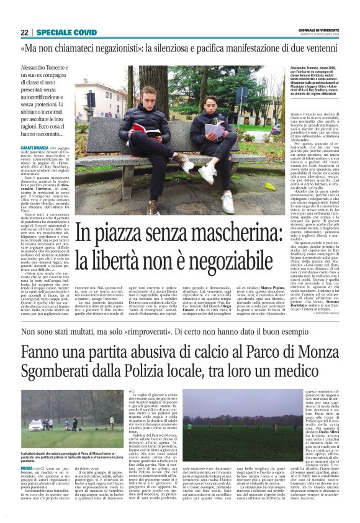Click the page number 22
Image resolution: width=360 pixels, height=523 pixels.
(x=24, y=32)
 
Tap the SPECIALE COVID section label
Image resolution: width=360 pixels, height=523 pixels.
(x=66, y=32)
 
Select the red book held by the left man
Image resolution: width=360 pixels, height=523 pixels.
(x=145, y=128)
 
